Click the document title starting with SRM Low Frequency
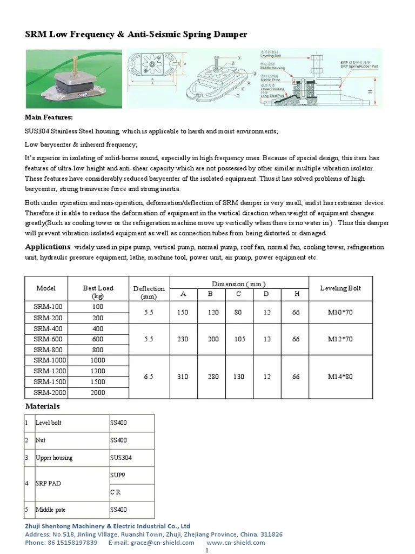(136, 34)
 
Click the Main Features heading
(49, 117)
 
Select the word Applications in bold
(49, 247)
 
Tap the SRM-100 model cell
(46, 307)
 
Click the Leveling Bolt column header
(340, 288)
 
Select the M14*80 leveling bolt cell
(340, 376)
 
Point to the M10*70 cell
(340, 312)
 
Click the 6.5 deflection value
(149, 376)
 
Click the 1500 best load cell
(98, 381)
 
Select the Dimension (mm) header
(238, 283)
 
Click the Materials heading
(43, 406)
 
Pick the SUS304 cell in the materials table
(121, 458)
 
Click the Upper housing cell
(54, 458)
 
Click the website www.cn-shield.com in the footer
(236, 542)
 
